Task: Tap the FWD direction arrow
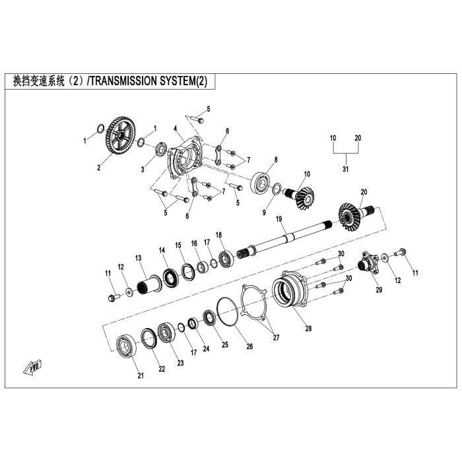click(x=33, y=367)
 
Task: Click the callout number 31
click(x=345, y=169)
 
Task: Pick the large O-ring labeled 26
click(x=227, y=311)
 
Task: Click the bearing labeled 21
click(x=127, y=347)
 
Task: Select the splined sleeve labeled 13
click(x=149, y=286)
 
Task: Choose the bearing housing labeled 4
click(x=184, y=159)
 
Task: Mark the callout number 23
click(x=180, y=363)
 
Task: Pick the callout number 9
click(x=264, y=212)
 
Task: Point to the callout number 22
click(x=162, y=369)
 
